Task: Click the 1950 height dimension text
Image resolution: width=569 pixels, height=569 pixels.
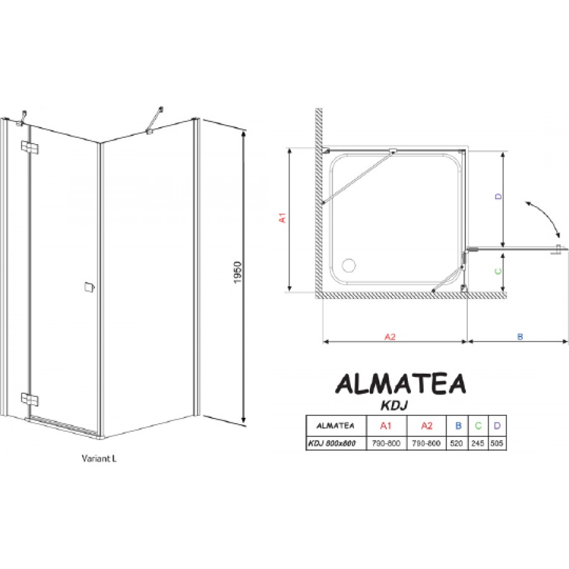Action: [237, 272]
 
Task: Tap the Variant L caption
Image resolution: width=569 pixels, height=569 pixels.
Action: [99, 458]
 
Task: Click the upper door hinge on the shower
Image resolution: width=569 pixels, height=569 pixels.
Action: [30, 147]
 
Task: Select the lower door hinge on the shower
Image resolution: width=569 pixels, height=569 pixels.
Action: [30, 399]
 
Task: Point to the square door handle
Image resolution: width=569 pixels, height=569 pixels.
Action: [89, 287]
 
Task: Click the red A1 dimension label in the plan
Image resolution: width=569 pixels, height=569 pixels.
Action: [283, 217]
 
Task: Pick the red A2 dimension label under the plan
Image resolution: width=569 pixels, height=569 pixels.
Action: [389, 337]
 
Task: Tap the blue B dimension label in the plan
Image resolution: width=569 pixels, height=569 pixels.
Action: [520, 337]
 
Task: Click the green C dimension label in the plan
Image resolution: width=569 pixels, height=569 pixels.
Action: [499, 271]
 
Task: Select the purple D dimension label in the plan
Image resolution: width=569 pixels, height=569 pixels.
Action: [499, 197]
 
